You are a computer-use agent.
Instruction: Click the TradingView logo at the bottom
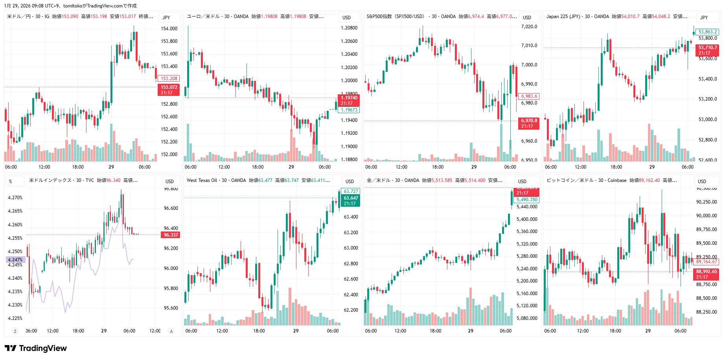pos(36,348)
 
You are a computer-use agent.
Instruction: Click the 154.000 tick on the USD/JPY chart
pos(169,29)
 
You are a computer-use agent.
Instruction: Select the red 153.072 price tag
pos(169,90)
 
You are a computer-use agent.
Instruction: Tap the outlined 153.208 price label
pos(169,79)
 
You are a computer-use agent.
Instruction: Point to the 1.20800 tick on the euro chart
pos(349,28)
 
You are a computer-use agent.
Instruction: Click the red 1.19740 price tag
pos(349,100)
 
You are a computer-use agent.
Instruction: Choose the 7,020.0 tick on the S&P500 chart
pos(529,27)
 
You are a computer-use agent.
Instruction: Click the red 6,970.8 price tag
pos(529,123)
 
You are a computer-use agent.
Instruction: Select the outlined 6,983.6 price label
pos(529,96)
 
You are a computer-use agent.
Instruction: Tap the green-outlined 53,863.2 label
pos(707,32)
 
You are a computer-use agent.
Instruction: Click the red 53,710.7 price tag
pos(707,50)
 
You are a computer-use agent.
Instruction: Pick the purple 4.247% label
pos(15,260)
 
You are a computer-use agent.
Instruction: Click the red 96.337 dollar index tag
pos(171,235)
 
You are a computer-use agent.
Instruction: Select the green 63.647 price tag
pos(351,200)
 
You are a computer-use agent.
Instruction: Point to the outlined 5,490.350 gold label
pos(526,200)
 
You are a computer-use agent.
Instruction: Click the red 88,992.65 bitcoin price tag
pos(706,274)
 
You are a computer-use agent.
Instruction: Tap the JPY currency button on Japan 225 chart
pos(704,17)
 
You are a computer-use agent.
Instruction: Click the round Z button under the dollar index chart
pos(15,331)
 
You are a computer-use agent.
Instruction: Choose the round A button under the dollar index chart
pos(171,331)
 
